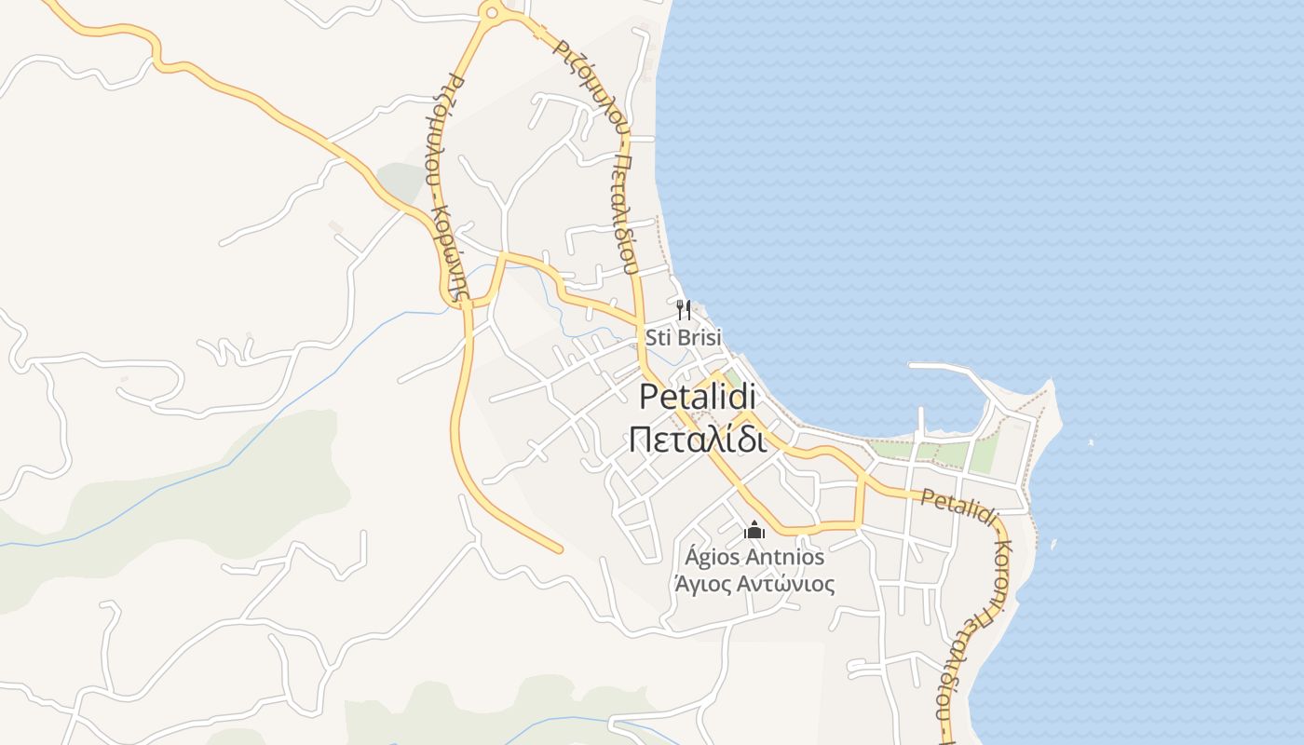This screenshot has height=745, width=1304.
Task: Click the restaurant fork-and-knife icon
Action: click(x=684, y=309)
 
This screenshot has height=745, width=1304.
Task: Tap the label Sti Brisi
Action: click(x=684, y=337)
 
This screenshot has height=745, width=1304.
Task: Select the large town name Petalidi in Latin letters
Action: click(x=698, y=397)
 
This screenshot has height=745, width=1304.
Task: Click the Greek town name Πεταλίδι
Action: click(x=698, y=439)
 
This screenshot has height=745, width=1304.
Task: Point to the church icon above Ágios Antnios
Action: click(x=754, y=530)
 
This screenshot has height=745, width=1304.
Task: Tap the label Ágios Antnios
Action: click(x=754, y=557)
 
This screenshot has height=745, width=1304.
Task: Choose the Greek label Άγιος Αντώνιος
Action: click(x=754, y=585)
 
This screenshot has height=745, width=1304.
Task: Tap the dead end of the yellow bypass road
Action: click(x=559, y=549)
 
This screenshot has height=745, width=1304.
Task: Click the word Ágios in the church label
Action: click(x=710, y=557)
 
